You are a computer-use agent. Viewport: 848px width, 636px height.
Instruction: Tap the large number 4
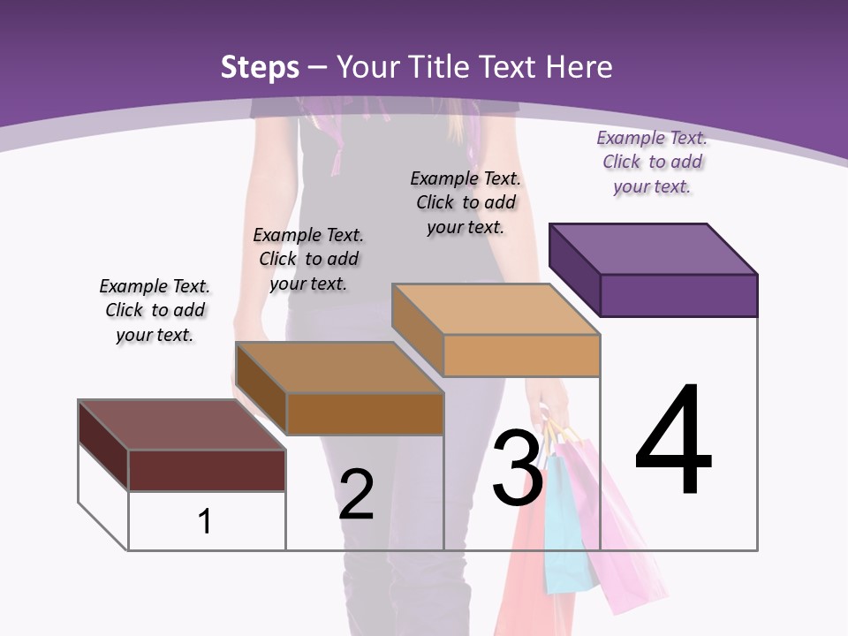pyautogui.click(x=673, y=442)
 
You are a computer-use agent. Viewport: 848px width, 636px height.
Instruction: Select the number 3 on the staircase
pyautogui.click(x=518, y=468)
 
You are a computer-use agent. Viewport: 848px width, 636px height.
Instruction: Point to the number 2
pyautogui.click(x=356, y=495)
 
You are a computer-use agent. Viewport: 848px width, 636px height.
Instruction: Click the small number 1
pyautogui.click(x=205, y=521)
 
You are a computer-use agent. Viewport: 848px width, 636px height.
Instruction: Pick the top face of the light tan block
pyautogui.click(x=495, y=309)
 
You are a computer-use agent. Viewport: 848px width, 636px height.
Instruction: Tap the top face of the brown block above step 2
pyautogui.click(x=338, y=367)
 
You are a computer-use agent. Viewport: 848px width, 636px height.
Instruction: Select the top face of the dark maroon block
pyautogui.click(x=181, y=425)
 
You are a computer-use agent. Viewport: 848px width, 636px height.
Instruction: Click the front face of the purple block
pyautogui.click(x=678, y=295)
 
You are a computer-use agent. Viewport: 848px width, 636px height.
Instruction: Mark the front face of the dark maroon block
pyautogui.click(x=207, y=470)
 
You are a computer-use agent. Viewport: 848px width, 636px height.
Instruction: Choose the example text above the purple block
pyautogui.click(x=652, y=163)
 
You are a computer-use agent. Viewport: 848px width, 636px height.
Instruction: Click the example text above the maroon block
pyautogui.click(x=155, y=311)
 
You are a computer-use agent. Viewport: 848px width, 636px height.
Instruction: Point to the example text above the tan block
pyautogui.click(x=466, y=203)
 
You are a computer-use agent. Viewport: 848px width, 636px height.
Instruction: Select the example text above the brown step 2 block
pyautogui.click(x=308, y=260)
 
